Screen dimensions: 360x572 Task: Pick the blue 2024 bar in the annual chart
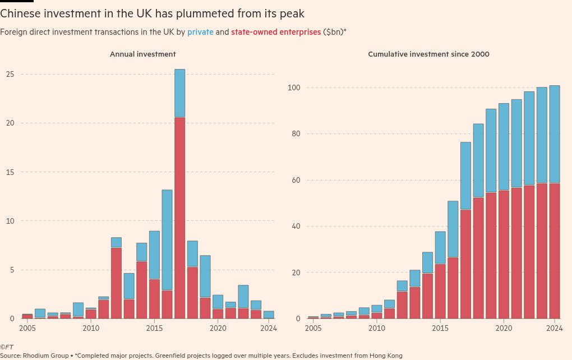tap(269, 315)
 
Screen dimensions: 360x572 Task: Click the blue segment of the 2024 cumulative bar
tap(554, 135)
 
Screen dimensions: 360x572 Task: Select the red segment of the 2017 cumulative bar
tap(465, 264)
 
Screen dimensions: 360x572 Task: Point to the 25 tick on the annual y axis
tap(10, 74)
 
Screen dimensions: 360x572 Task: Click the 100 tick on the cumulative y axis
tap(294, 88)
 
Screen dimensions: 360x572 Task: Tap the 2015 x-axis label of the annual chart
tap(155, 328)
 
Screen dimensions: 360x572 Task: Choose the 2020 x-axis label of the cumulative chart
tap(504, 328)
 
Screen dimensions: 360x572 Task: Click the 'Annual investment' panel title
tap(142, 54)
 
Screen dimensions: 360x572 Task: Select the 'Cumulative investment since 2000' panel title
tap(428, 54)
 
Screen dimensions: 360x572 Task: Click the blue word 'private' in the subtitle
tap(200, 32)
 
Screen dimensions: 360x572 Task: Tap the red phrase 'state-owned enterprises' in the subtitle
tap(276, 32)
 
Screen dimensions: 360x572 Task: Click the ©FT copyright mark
tap(7, 348)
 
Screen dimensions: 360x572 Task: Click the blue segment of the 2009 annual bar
tap(78, 310)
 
